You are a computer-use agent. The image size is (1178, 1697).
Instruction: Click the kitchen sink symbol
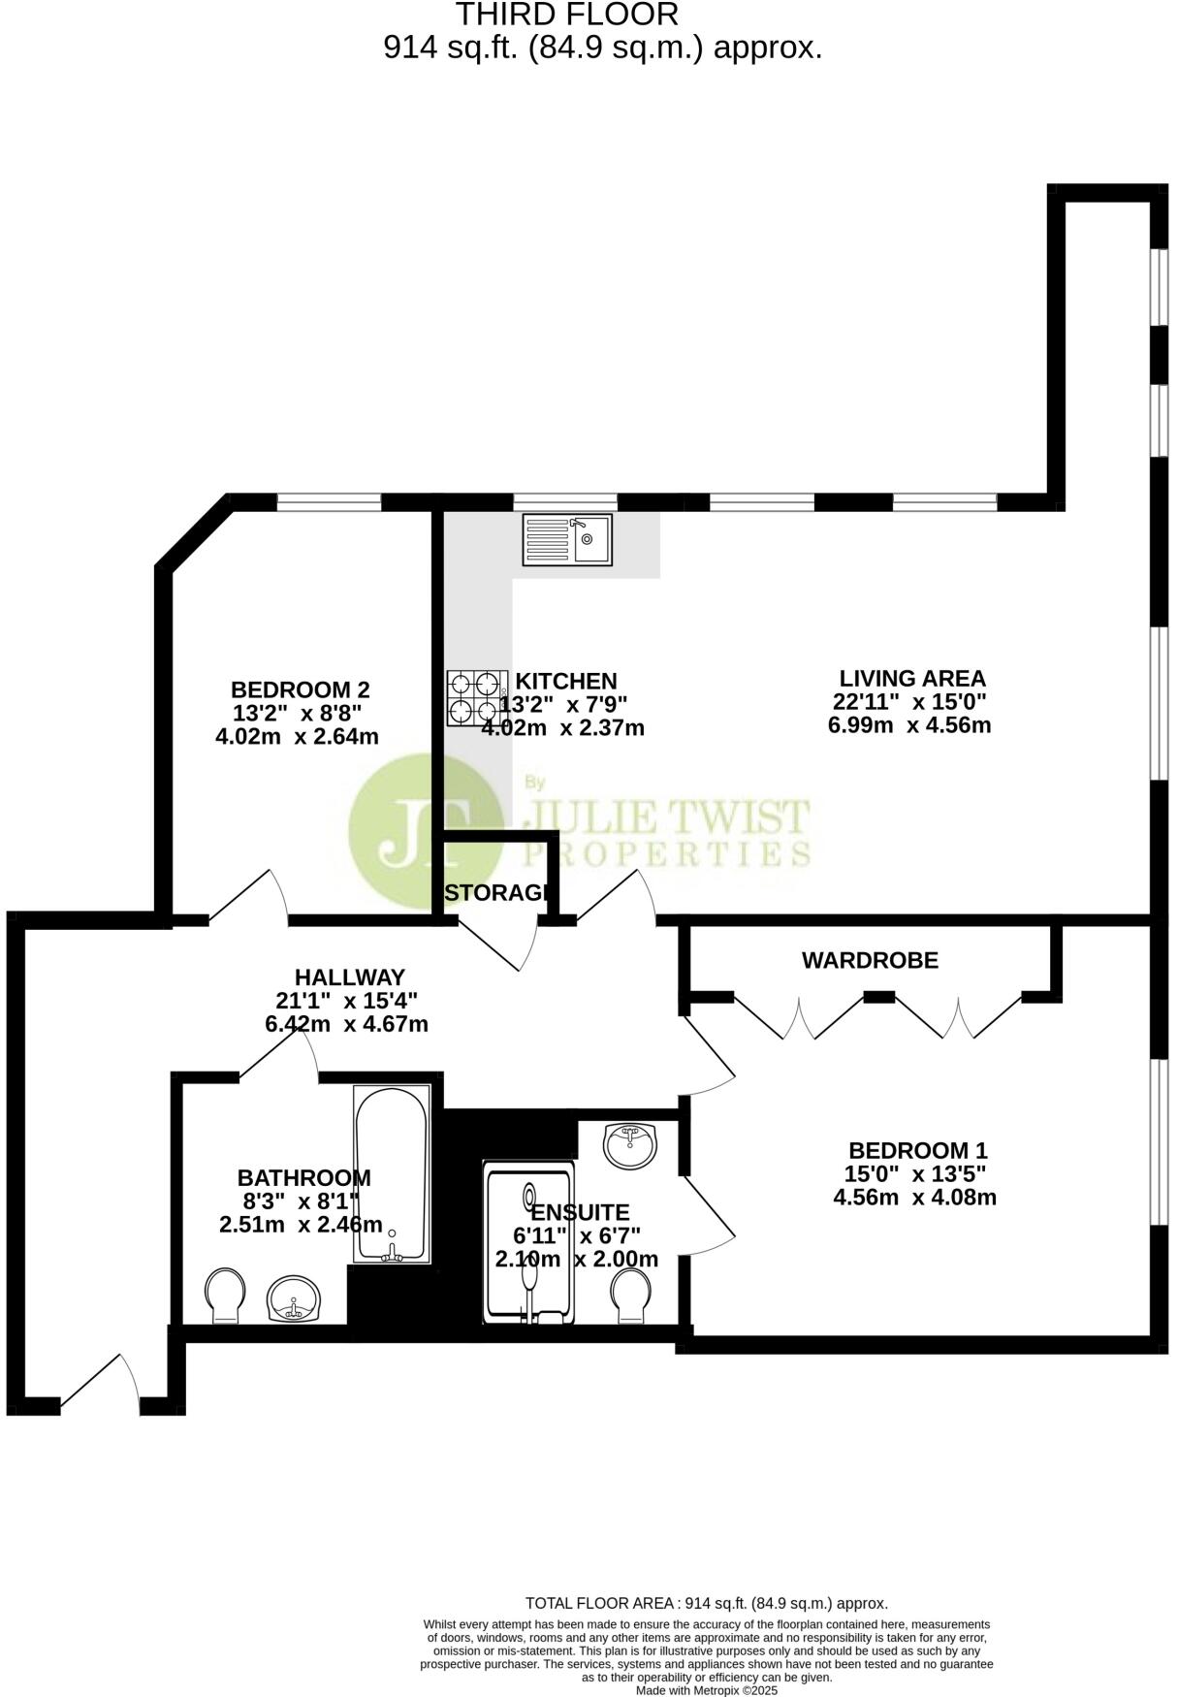567,539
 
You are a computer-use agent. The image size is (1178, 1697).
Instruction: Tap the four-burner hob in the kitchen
477,698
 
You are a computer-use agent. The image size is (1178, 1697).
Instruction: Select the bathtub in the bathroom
392,1174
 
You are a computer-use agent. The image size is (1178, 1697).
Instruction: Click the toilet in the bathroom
225,1296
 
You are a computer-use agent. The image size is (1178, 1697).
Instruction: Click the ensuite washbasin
630,1145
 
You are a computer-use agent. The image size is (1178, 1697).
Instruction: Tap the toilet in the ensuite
631,1296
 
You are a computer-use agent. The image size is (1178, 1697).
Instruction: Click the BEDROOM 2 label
300,689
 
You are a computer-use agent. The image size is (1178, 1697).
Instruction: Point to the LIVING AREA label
911,678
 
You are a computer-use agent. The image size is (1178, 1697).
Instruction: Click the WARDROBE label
870,960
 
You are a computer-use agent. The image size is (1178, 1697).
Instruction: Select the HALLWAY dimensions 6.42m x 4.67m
346,1023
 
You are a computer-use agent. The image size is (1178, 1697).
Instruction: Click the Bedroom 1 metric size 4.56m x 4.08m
914,1197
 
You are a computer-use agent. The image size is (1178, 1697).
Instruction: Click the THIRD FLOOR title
567,15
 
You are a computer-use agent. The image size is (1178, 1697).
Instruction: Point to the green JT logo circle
425,832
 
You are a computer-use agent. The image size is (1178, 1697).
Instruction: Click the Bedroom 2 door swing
252,894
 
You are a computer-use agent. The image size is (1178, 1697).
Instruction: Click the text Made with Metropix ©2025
706,1689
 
